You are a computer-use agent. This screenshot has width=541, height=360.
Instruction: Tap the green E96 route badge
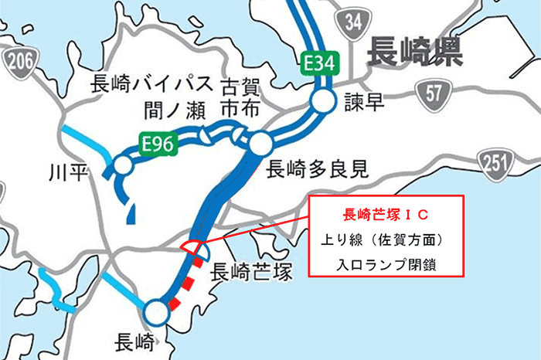[x=158, y=142]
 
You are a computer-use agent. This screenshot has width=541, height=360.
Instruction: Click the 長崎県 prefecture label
[x=414, y=52]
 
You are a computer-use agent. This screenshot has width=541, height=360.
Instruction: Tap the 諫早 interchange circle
[x=322, y=100]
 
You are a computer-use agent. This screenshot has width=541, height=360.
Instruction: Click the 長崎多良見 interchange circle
[x=260, y=143]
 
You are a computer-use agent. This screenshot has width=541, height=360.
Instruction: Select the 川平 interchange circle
[x=122, y=165]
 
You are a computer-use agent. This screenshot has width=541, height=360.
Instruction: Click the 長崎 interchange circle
[x=156, y=312]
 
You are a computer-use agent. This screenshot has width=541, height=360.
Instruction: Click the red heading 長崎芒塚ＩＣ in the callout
[x=384, y=212]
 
